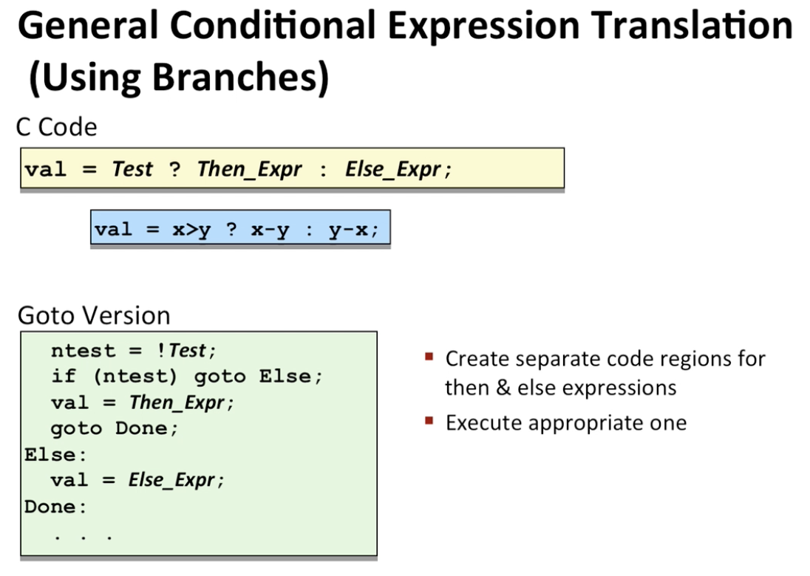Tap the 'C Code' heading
pyautogui.click(x=57, y=127)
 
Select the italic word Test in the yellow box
pyautogui.click(x=132, y=169)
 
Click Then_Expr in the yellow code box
pyautogui.click(x=250, y=169)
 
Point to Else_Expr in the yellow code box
pyautogui.click(x=393, y=169)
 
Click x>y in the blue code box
pyautogui.click(x=191, y=229)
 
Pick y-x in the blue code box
pyautogui.click(x=349, y=229)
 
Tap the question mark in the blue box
pyautogui.click(x=231, y=228)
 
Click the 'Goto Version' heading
pyautogui.click(x=94, y=315)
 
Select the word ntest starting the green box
pyautogui.click(x=84, y=351)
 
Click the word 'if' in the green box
pyautogui.click(x=64, y=377)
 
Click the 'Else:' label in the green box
pyautogui.click(x=55, y=455)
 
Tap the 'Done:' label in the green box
pyautogui.click(x=55, y=507)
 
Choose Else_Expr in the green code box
pyautogui.click(x=171, y=480)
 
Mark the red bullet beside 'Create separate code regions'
pyautogui.click(x=429, y=357)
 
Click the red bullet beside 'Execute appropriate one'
pyautogui.click(x=429, y=421)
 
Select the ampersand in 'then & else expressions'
pyautogui.click(x=503, y=388)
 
